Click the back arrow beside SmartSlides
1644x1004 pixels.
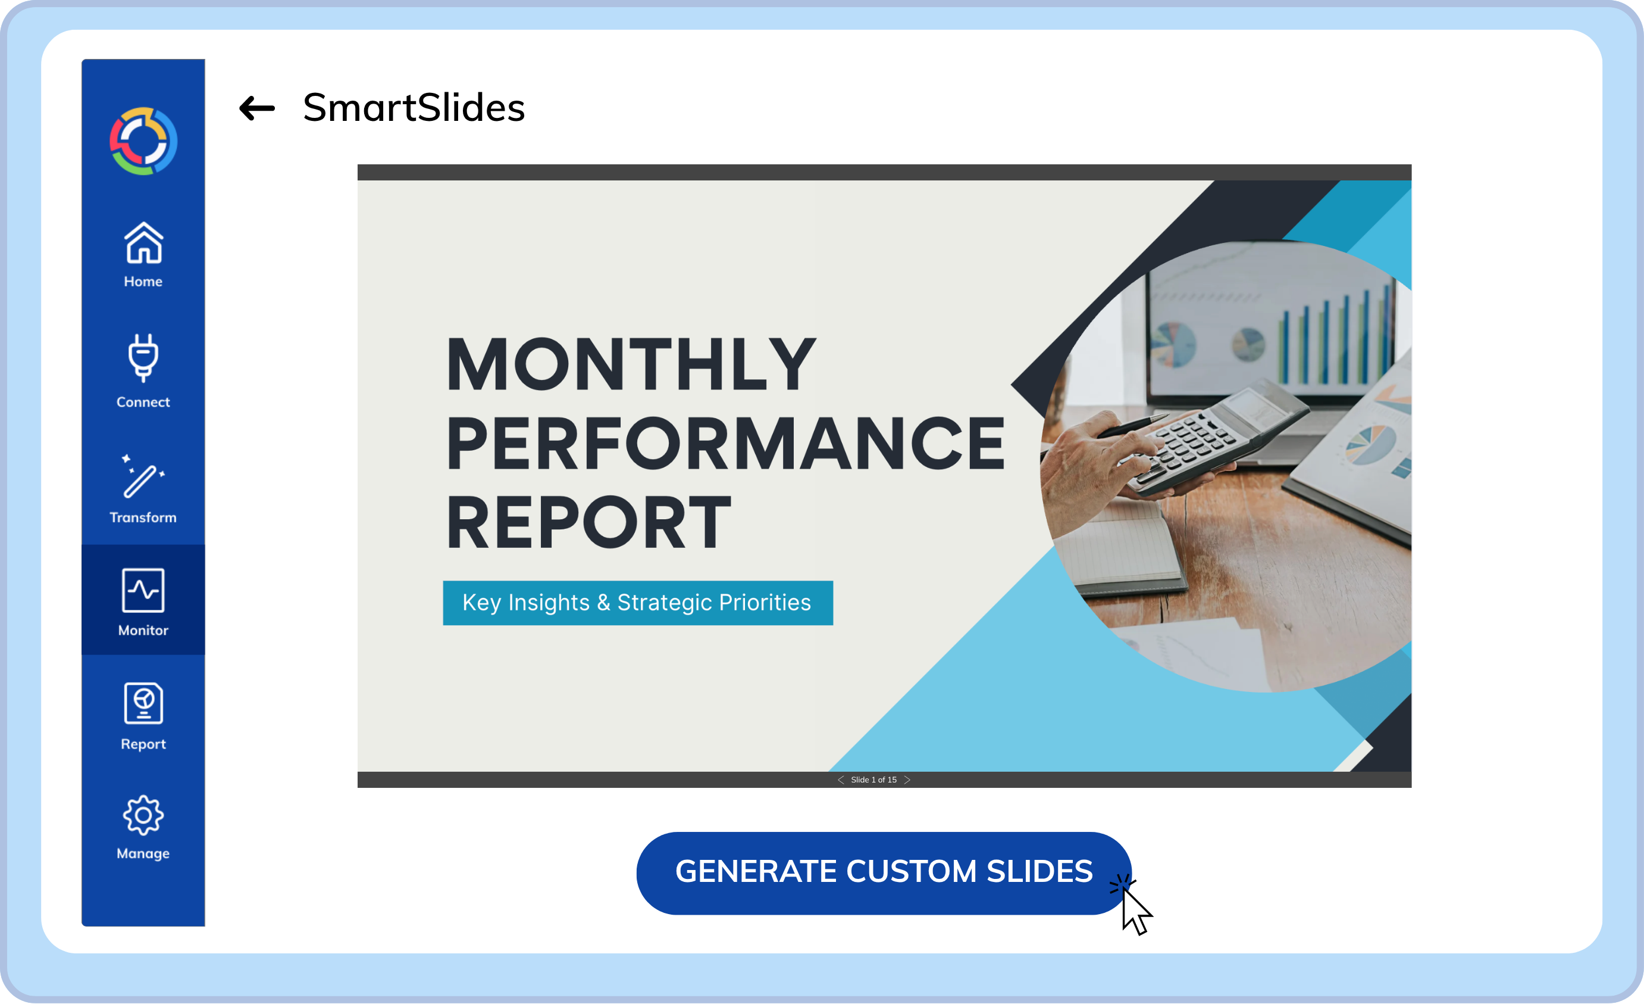[257, 108]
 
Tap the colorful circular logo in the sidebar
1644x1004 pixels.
[143, 141]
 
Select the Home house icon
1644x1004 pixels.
[143, 244]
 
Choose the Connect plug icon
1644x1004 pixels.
[143, 358]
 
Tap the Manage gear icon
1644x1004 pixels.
[143, 816]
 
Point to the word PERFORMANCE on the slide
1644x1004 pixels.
[725, 444]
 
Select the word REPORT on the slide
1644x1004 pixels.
[588, 523]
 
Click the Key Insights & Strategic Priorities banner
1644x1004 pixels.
[637, 603]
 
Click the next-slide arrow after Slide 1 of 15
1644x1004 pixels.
[907, 779]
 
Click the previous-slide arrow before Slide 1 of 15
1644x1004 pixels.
[841, 779]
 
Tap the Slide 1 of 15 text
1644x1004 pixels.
[873, 779]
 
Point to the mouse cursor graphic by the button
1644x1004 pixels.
[1136, 911]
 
